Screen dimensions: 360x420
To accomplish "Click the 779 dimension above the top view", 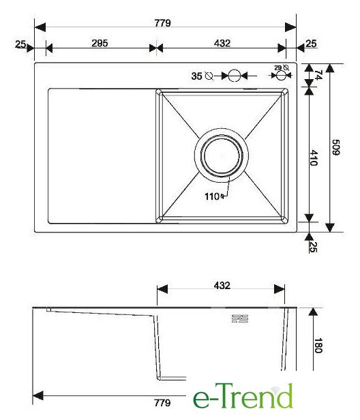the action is (162, 23).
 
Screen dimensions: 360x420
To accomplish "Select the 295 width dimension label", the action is (100, 43).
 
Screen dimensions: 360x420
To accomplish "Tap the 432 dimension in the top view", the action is (222, 43).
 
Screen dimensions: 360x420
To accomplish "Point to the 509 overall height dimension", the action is (335, 147).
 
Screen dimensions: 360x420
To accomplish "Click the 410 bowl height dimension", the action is (314, 158).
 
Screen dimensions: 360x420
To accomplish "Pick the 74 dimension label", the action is (318, 75).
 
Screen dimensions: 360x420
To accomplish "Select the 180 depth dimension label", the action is (318, 346).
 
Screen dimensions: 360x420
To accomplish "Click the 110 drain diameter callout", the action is (212, 196).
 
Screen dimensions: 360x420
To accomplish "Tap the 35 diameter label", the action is (196, 76).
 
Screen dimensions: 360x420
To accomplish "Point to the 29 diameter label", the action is (278, 67).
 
